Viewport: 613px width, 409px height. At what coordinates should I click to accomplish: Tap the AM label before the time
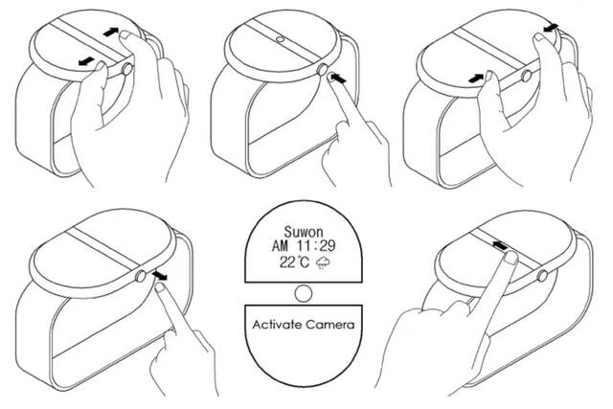[280, 246]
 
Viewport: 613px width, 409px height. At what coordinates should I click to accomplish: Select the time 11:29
[316, 246]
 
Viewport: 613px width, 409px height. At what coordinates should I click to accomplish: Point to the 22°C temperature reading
[294, 261]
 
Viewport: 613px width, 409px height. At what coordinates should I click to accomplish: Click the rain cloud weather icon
[323, 262]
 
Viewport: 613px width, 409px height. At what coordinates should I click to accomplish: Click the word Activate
[278, 325]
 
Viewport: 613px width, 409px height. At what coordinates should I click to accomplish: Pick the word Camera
[330, 325]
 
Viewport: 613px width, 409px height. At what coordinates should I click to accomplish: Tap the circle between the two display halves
[304, 294]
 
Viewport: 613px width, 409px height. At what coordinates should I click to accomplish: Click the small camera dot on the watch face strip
[280, 39]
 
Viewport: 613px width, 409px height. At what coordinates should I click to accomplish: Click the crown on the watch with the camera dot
[322, 70]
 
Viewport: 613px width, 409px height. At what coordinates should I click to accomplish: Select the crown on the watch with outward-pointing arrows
[126, 70]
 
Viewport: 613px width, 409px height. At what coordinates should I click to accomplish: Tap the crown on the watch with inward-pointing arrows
[526, 76]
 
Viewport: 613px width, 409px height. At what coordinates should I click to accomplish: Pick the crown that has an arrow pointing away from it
[141, 277]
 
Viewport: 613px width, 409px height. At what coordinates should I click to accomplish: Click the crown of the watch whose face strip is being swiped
[542, 277]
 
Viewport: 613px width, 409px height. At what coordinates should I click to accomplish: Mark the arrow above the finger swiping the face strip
[500, 245]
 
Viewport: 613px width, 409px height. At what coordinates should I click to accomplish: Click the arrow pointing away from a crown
[159, 276]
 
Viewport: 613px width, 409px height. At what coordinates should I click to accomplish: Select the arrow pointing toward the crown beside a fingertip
[338, 79]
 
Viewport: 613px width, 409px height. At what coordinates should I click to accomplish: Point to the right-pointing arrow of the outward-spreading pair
[111, 32]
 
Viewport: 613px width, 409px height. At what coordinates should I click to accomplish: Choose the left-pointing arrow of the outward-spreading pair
[86, 61]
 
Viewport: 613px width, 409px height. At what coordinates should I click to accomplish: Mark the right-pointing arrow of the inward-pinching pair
[476, 79]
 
